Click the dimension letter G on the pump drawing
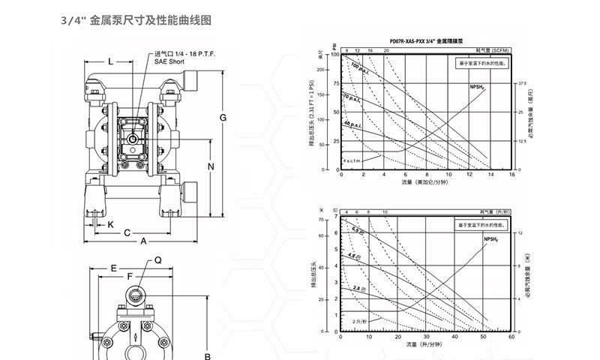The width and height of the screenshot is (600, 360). coord(223,118)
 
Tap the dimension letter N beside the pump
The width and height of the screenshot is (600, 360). coord(211,166)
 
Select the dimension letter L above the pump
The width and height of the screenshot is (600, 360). coord(110,61)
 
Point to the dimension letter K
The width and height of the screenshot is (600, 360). coord(110,223)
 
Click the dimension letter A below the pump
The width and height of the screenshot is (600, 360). coord(143,241)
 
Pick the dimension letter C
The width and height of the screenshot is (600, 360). coord(127,232)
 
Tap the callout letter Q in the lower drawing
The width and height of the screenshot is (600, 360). coord(158,260)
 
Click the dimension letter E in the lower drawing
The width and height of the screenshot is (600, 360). coord(114,267)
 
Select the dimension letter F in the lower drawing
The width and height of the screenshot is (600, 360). coord(130,277)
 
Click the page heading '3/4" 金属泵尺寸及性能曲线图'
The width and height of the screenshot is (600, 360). coord(135,21)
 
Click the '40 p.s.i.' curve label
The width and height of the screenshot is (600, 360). coord(353,123)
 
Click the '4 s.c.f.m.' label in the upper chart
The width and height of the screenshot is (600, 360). coord(353,159)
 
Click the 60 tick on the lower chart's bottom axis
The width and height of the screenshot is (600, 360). coord(512,337)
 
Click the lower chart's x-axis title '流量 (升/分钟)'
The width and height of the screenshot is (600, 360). coord(427,346)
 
